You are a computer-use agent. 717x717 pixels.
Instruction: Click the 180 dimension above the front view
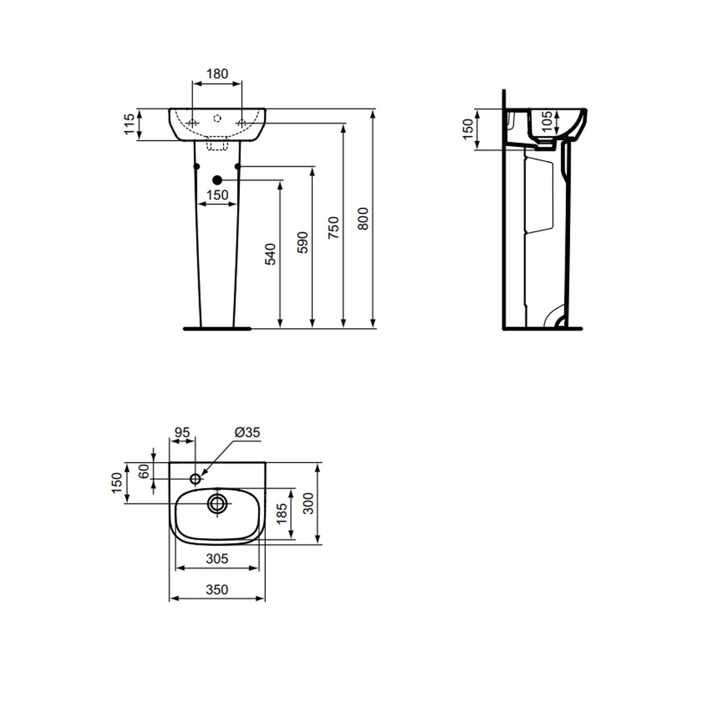click(x=217, y=74)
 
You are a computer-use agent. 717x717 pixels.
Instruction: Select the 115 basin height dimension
click(x=129, y=124)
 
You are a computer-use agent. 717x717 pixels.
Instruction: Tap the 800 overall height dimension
click(x=363, y=218)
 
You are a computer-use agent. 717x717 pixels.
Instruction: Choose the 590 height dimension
click(x=302, y=242)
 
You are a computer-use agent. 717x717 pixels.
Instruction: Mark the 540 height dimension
click(x=270, y=254)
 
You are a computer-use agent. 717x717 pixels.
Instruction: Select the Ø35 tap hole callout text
click(x=247, y=432)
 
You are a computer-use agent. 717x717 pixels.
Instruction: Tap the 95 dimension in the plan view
click(x=182, y=432)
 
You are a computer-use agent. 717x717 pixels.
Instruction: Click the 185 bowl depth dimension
click(x=282, y=513)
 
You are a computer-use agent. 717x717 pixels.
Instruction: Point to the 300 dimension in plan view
click(x=309, y=503)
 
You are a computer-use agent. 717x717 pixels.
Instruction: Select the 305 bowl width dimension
click(x=217, y=558)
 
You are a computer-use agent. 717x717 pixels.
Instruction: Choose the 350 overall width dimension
click(x=217, y=590)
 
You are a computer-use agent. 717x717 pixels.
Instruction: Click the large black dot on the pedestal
click(x=217, y=180)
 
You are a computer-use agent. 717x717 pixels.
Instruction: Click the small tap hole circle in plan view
click(x=196, y=478)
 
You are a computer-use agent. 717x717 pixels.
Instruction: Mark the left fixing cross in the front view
click(x=192, y=123)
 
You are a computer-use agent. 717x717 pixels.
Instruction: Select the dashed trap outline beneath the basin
click(x=217, y=144)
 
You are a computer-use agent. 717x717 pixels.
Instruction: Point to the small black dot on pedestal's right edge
click(x=238, y=166)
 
